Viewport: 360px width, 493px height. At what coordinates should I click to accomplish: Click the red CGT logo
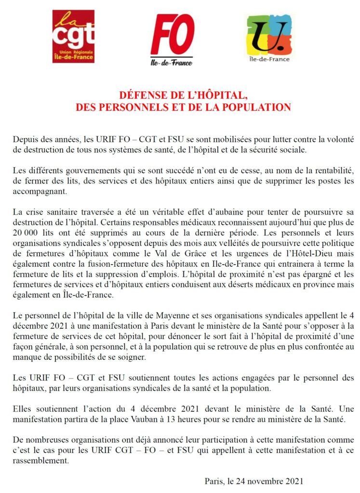pos(73,37)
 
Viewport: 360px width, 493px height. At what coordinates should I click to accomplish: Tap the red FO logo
pos(172,38)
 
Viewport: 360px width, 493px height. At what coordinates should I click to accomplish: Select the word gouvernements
pos(80,171)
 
